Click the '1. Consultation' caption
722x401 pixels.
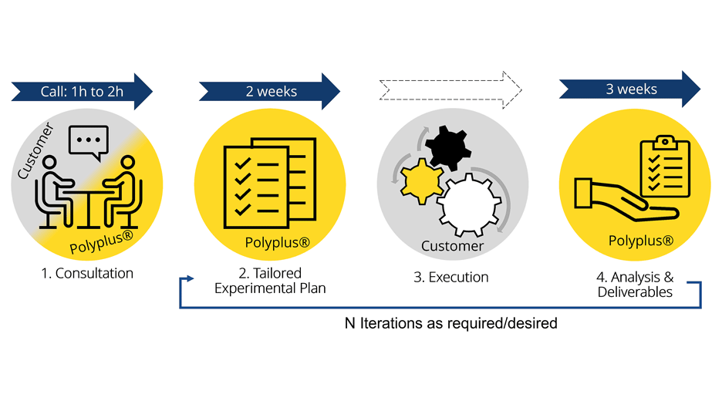[x=87, y=274]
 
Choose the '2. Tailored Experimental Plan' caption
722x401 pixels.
[x=270, y=281]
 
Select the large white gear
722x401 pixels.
[x=468, y=204]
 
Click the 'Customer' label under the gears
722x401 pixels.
[x=452, y=247]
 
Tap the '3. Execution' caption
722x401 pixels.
[x=450, y=278]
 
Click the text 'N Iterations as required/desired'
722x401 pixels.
[x=450, y=323]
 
